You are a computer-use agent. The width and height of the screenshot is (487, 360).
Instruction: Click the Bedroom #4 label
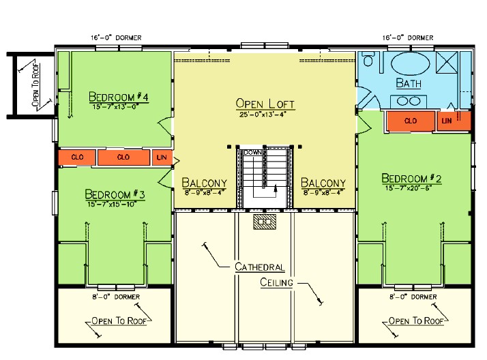click(119, 95)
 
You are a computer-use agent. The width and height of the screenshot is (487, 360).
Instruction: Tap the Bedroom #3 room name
click(115, 194)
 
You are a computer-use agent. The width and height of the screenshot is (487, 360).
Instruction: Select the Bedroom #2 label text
click(412, 179)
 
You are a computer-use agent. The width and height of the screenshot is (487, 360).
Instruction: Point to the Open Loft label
click(265, 104)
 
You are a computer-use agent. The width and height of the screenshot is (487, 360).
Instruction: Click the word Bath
click(409, 84)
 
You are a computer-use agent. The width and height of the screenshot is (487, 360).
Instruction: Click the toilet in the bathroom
click(369, 61)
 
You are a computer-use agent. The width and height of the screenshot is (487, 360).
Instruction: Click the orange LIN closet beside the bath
click(447, 121)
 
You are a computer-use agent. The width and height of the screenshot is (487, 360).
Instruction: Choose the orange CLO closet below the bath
click(411, 121)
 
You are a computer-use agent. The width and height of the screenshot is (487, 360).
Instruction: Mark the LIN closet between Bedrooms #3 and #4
click(162, 157)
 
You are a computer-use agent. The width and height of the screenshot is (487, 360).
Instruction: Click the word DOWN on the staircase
click(253, 152)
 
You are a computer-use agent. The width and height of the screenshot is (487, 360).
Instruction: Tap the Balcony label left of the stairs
click(205, 183)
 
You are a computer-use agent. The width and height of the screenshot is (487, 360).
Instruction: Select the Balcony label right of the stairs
click(323, 183)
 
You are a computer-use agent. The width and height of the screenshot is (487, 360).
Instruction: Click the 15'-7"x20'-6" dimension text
click(412, 187)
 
